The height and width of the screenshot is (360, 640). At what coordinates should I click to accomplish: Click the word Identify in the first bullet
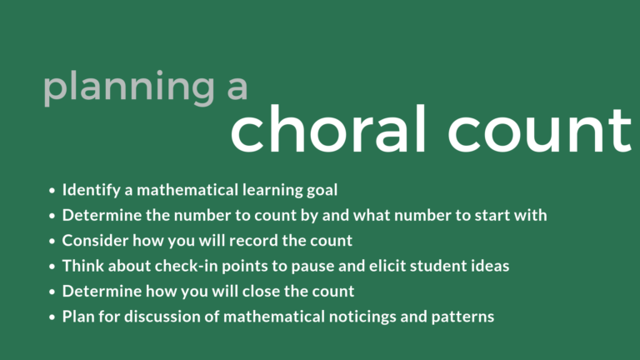point(88,190)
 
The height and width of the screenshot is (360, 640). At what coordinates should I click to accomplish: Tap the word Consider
point(92,241)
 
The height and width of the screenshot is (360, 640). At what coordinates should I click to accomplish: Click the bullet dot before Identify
point(52,191)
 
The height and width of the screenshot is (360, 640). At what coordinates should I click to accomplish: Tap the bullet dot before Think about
point(52,267)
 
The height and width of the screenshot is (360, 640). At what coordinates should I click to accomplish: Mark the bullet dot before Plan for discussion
point(52,318)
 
